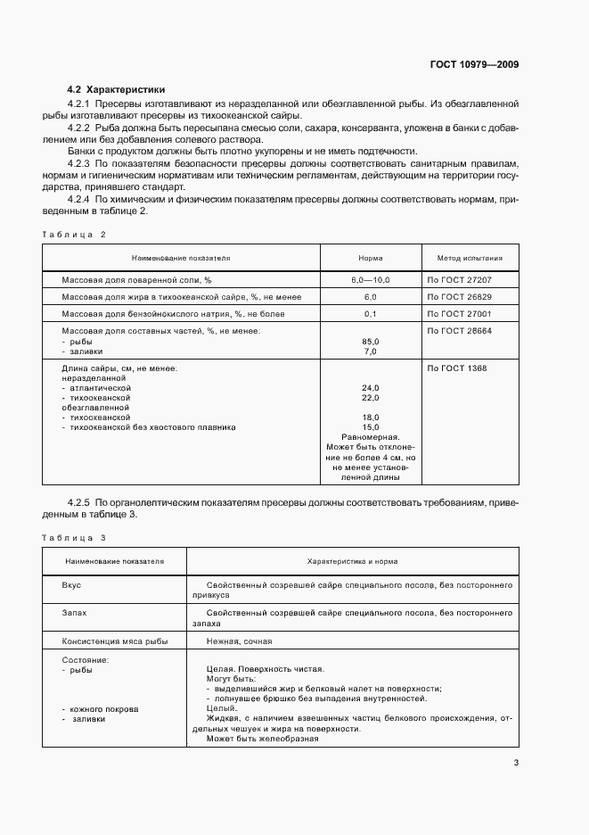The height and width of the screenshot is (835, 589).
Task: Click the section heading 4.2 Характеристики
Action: click(116, 89)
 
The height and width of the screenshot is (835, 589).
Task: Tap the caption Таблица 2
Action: click(74, 234)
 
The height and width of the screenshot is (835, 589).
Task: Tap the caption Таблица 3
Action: click(74, 538)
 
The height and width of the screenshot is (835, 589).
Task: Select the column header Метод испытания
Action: click(470, 258)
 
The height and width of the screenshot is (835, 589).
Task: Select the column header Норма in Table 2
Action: click(371, 258)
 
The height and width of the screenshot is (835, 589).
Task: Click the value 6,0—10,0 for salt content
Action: click(371, 280)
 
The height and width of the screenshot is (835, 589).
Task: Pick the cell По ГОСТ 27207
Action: click(460, 280)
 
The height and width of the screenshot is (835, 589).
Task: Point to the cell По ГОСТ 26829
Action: click(460, 297)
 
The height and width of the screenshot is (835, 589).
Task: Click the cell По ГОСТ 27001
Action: click(460, 314)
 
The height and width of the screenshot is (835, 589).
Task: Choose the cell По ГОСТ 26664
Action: click(460, 331)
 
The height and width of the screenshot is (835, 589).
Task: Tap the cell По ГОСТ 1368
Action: click(457, 368)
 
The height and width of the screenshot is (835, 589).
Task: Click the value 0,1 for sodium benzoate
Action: click(371, 314)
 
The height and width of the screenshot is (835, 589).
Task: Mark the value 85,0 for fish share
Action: click(371, 342)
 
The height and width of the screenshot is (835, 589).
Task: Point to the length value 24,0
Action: click(371, 388)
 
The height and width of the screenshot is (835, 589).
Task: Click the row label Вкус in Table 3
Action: click(71, 585)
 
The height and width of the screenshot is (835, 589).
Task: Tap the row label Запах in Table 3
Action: click(75, 614)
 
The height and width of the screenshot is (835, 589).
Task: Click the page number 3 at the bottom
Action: click(516, 763)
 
